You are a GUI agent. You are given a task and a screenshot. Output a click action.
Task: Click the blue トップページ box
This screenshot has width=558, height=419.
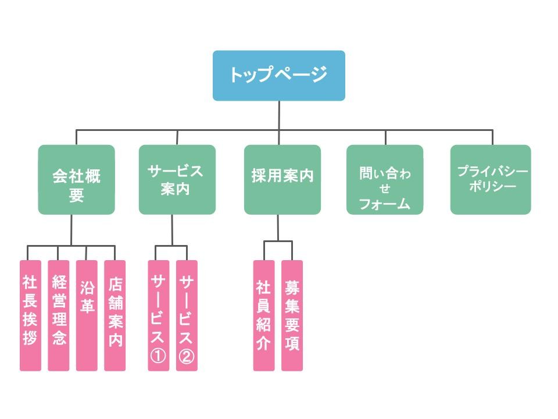pyautogui.click(x=278, y=76)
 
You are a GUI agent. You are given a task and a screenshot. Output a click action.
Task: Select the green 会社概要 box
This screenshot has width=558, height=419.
pyautogui.click(x=76, y=179)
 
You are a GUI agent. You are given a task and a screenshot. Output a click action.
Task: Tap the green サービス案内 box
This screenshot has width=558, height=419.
pyautogui.click(x=177, y=179)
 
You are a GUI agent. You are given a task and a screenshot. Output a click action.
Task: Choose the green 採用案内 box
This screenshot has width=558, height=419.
pyautogui.click(x=282, y=179)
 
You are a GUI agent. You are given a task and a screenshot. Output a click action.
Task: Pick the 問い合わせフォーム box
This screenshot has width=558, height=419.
pyautogui.click(x=384, y=179)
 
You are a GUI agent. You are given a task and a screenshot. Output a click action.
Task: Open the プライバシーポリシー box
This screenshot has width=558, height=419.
pyautogui.click(x=491, y=179)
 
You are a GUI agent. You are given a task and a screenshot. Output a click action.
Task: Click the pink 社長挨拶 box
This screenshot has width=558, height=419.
pyautogui.click(x=30, y=315)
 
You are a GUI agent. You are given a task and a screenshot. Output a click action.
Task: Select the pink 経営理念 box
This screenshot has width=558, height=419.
pyautogui.click(x=58, y=315)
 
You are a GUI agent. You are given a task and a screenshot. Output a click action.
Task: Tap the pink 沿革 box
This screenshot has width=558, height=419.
pyautogui.click(x=87, y=315)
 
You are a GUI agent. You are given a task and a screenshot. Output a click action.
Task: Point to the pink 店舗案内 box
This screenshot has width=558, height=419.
pyautogui.click(x=115, y=315)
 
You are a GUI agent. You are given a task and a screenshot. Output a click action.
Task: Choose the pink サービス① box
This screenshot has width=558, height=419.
pyautogui.click(x=158, y=315)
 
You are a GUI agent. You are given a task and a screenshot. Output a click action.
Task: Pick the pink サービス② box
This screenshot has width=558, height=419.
pyautogui.click(x=187, y=315)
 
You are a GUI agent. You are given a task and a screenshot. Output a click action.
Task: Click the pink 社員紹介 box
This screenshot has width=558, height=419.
pyautogui.click(x=264, y=315)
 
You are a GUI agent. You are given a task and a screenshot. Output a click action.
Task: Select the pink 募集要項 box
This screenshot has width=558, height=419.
pyautogui.click(x=292, y=315)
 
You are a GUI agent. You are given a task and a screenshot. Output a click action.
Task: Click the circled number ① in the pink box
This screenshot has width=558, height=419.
pyautogui.click(x=158, y=356)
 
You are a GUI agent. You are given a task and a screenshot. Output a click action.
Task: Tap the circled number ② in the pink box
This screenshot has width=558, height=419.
pyautogui.click(x=187, y=356)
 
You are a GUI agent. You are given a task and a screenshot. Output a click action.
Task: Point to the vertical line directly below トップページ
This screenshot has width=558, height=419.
pyautogui.click(x=279, y=115)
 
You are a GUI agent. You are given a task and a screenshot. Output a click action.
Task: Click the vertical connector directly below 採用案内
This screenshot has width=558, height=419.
pyautogui.click(x=278, y=227)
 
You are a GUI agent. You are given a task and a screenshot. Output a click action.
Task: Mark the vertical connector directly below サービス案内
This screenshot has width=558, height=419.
pyautogui.click(x=172, y=229)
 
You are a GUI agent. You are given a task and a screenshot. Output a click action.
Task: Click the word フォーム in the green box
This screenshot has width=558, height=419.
pyautogui.click(x=384, y=204)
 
